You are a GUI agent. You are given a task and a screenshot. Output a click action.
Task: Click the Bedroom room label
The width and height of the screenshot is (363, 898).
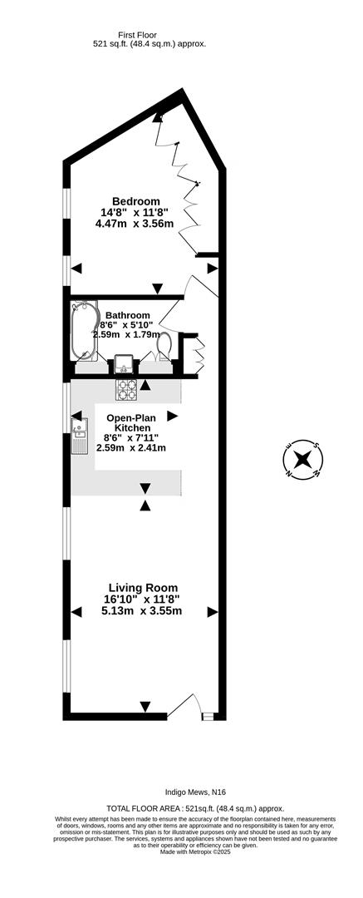point(136,200)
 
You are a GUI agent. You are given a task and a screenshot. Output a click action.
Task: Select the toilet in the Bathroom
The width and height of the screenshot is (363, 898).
point(164,346)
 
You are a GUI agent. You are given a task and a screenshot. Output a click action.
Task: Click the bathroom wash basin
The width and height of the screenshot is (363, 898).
point(124,366)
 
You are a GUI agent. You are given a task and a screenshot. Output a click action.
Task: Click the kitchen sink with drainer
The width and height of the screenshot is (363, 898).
point(80,437)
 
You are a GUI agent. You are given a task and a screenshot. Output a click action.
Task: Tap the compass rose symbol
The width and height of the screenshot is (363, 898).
point(303,459)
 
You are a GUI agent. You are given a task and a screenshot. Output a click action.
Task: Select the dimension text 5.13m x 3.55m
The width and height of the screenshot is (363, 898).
point(141,611)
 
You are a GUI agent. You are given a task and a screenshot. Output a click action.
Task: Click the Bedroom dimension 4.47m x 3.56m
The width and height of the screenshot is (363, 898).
point(135,224)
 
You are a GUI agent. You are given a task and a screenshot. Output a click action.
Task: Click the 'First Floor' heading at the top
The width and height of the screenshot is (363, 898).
point(150,34)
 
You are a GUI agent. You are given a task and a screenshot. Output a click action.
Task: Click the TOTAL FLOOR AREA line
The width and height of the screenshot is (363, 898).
point(195,808)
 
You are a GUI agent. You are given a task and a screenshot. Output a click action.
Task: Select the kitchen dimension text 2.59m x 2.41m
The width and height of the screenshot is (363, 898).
point(131,447)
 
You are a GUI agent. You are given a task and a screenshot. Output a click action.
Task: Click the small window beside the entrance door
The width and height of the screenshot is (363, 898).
point(208,714)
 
